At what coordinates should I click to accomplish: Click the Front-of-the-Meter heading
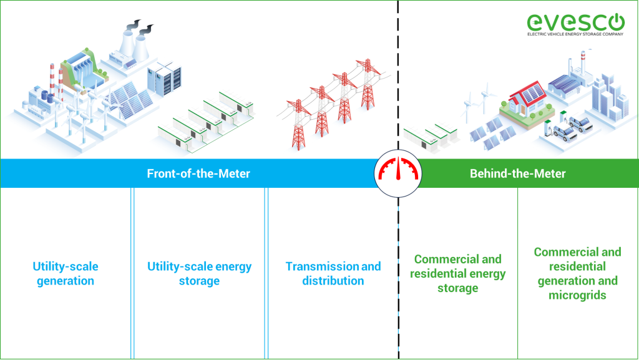point(198,173)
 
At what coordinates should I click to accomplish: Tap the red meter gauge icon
point(398,173)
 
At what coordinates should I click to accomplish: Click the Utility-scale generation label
point(66,273)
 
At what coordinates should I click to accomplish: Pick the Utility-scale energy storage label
point(199,273)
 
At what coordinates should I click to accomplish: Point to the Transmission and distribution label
point(333,273)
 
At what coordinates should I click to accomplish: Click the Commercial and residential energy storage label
point(457,273)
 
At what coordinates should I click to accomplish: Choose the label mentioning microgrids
point(577,273)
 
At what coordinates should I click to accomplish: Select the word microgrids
point(577,295)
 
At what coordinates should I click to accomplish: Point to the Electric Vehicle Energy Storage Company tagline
point(575,35)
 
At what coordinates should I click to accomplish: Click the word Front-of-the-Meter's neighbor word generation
point(66,281)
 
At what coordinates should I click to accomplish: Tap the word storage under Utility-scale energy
point(199,281)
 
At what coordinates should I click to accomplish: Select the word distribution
point(333,281)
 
